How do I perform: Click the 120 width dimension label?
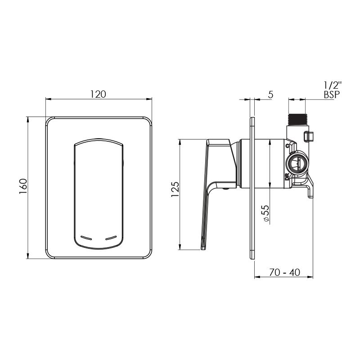click(x=98, y=94)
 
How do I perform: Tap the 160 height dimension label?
click(x=23, y=186)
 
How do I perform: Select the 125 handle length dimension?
click(x=175, y=189)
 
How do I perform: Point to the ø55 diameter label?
click(x=266, y=213)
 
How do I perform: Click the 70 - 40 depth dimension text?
click(x=284, y=273)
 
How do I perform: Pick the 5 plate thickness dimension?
click(x=271, y=94)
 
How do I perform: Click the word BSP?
click(x=332, y=94)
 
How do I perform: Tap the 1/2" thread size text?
click(x=333, y=85)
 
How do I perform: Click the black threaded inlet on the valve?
click(x=297, y=120)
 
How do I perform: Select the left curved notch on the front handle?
click(x=86, y=238)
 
